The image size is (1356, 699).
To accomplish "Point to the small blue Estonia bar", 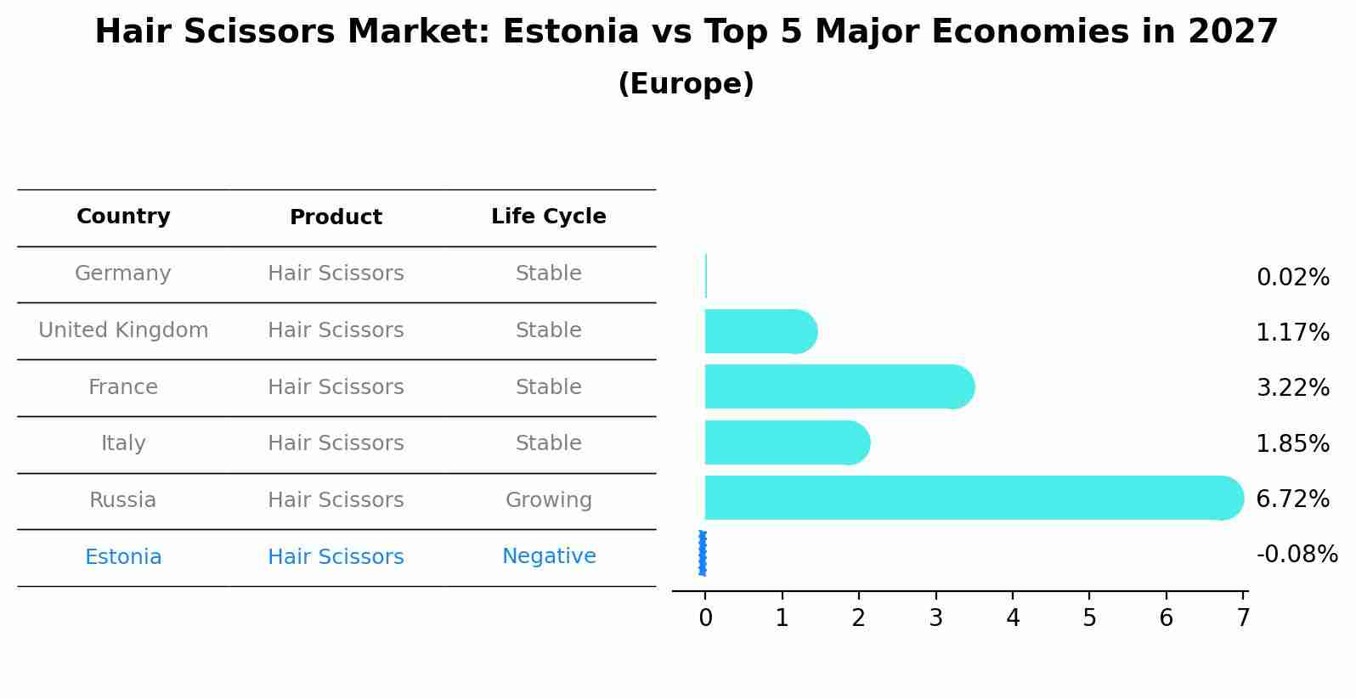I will (703, 553).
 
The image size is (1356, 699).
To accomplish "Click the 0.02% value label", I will (1292, 278).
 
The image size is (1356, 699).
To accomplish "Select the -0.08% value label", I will (1297, 555).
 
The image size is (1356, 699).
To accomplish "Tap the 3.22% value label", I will (1292, 388).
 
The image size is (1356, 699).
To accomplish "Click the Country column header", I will (123, 217).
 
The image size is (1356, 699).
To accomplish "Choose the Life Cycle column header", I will (548, 217).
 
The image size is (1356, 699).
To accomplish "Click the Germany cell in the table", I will (123, 273).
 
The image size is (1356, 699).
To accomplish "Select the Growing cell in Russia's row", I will (548, 500).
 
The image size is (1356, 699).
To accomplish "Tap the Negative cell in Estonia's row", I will (548, 556).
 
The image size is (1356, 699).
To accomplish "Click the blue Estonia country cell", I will (123, 557).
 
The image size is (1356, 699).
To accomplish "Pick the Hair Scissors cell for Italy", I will (336, 443).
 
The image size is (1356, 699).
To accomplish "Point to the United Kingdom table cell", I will (123, 330).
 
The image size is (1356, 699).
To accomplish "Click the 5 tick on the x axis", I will (1089, 618).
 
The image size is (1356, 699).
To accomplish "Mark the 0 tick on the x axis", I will (705, 618).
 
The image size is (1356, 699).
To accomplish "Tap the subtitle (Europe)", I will (686, 84).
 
